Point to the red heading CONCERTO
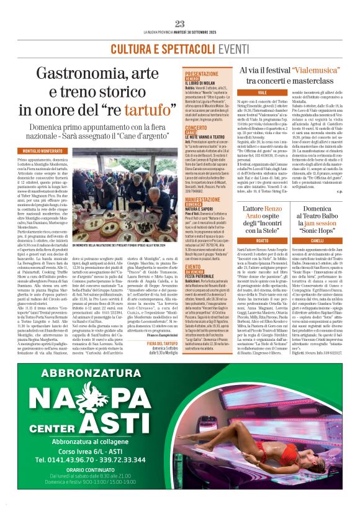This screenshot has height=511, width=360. click(196, 128)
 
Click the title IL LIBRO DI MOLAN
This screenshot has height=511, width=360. click(202, 83)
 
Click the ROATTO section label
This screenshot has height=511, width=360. click(244, 240)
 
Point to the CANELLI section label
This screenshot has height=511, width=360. click(317, 240)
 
